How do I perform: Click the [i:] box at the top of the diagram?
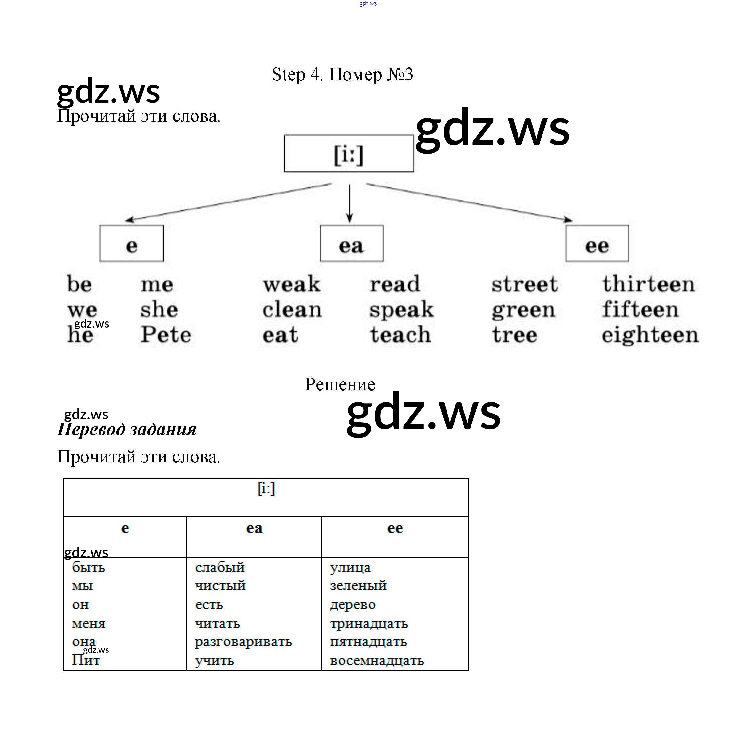[349, 154]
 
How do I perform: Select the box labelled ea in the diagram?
[352, 244]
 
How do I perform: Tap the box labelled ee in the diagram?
[597, 244]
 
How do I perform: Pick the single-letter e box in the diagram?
[131, 244]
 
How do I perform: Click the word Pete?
[166, 335]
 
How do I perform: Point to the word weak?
[291, 284]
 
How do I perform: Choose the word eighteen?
[650, 335]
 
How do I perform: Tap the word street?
[525, 284]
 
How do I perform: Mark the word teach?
[400, 335]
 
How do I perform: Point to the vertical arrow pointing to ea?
[349, 203]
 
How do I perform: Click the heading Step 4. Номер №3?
[342, 74]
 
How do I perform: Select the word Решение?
[340, 384]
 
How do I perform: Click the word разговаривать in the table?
[243, 642]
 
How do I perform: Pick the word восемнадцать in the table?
[376, 660]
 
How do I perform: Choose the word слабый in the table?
[220, 568]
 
